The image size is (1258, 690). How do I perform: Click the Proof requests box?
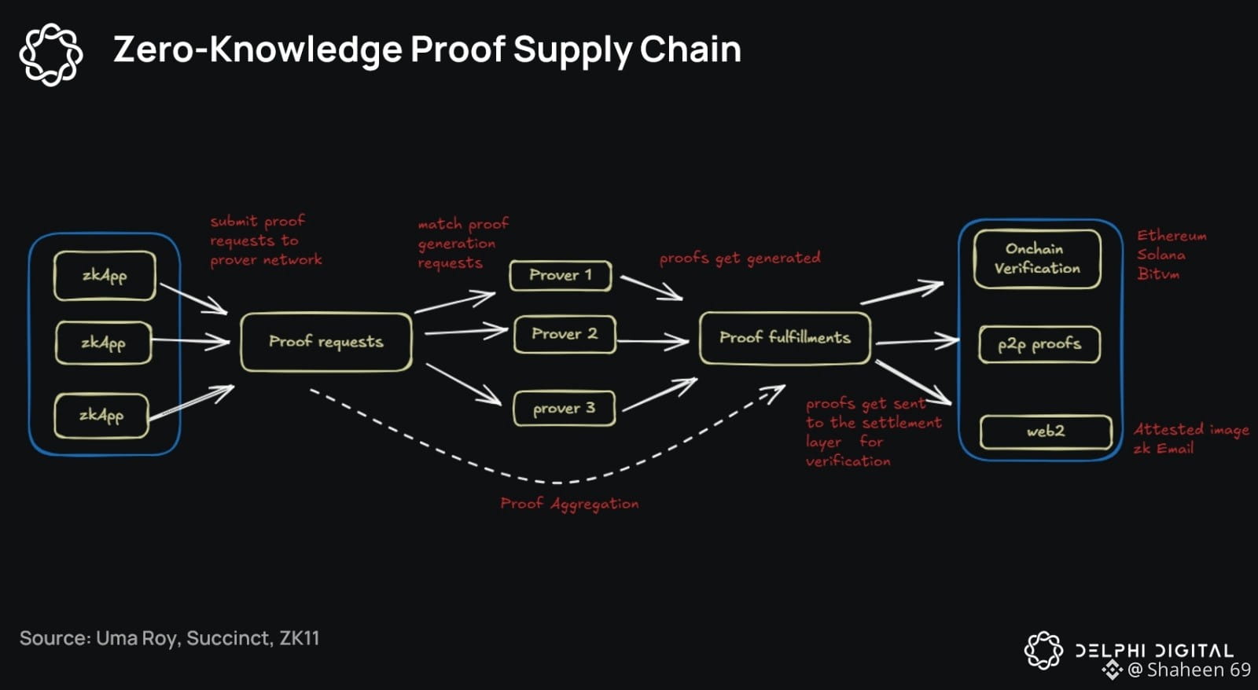click(326, 342)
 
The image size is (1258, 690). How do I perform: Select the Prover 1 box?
click(560, 275)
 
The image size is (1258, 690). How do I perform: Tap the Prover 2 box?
click(565, 334)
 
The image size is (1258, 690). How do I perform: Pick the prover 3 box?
click(564, 409)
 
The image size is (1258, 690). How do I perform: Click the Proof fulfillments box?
click(785, 338)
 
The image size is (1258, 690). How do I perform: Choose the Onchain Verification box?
click(1037, 259)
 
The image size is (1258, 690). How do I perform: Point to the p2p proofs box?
click(1039, 344)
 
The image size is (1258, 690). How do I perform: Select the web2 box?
click(1046, 431)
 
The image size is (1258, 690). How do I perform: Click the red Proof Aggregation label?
click(569, 504)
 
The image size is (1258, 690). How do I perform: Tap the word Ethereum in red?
click(1172, 236)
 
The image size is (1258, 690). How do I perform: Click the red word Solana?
click(1161, 255)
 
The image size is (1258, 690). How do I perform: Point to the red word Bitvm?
click(1158, 273)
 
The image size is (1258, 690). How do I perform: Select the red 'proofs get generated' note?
click(740, 258)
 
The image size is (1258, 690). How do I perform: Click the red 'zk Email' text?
click(1164, 449)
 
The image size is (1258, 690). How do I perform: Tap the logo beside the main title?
click(51, 54)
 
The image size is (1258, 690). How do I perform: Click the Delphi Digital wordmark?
click(1154, 651)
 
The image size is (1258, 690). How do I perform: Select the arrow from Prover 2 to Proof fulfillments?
click(653, 341)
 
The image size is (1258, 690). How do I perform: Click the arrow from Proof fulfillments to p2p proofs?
click(917, 341)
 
